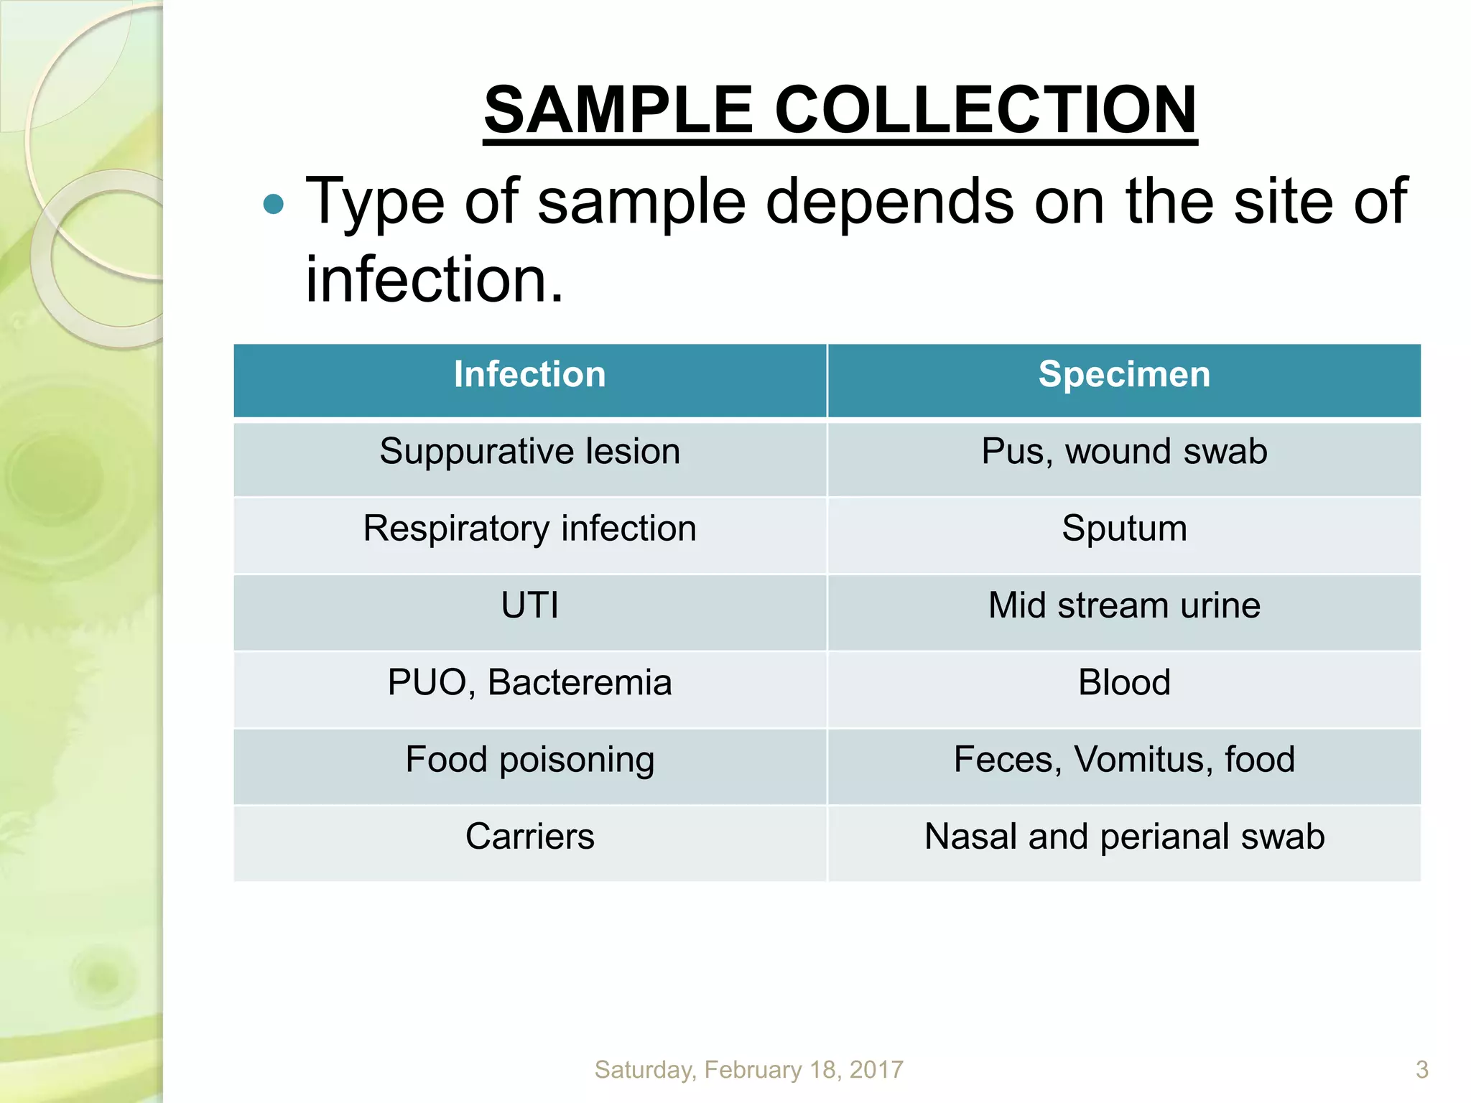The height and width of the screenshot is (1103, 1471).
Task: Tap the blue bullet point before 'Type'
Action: pos(274,205)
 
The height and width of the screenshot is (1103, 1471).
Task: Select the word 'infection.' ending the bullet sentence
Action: pos(435,279)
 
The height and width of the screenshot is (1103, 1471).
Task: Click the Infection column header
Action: pos(530,375)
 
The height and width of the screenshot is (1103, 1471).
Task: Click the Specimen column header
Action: pos(1124,375)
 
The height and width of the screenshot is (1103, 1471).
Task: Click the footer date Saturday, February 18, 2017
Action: pos(748,1070)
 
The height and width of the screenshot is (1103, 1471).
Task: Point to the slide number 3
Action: pos(1421,1070)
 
